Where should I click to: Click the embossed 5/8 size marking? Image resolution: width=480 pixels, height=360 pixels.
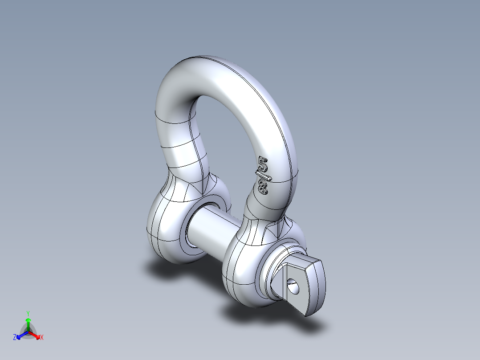pyautogui.click(x=262, y=176)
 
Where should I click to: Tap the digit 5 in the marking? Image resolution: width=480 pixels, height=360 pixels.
pyautogui.click(x=261, y=164)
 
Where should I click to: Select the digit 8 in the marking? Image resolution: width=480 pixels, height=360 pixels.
pyautogui.click(x=263, y=187)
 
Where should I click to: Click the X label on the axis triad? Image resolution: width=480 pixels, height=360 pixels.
pyautogui.click(x=42, y=337)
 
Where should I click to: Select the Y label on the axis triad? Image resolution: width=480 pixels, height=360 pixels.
pyautogui.click(x=28, y=313)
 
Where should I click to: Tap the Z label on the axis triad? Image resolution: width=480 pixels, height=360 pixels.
pyautogui.click(x=15, y=337)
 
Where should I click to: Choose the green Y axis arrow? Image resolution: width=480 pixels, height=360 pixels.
pyautogui.click(x=28, y=323)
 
